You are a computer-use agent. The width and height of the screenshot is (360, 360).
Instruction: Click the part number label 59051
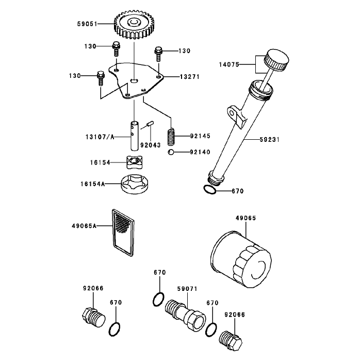tap(87, 24)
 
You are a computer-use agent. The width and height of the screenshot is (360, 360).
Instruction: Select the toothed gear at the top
tap(133, 25)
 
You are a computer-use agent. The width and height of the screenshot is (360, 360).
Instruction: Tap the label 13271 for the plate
tap(189, 77)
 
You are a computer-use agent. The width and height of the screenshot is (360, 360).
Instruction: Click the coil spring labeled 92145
tap(171, 137)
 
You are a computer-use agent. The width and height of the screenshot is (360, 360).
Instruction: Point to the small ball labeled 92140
tap(171, 152)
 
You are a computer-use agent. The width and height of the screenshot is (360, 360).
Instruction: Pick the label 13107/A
tap(100, 137)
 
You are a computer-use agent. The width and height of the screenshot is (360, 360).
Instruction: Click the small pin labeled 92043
tap(151, 123)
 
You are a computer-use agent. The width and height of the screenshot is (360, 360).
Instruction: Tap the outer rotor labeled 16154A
tap(135, 184)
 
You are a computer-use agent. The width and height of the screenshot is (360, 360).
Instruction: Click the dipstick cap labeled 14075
tap(276, 60)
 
